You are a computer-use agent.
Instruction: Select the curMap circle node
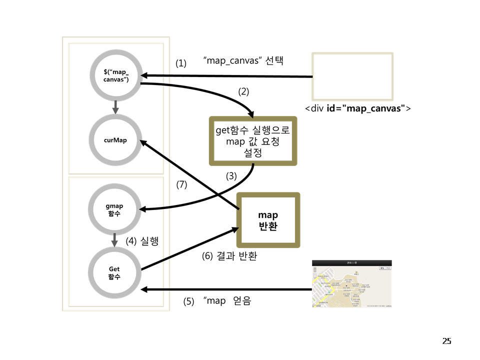[115, 140]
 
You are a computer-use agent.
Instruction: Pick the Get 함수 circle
[114, 272]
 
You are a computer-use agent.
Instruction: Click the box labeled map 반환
[268, 220]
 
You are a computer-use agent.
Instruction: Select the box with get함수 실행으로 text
[252, 141]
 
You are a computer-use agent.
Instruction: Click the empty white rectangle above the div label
[352, 76]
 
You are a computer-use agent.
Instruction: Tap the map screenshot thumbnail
[352, 284]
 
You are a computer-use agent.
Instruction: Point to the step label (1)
[180, 63]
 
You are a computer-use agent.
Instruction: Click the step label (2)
[243, 91]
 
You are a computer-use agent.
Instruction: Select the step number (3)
[230, 176]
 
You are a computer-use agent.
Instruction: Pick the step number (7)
[181, 184]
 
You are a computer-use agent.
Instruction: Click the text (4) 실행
[142, 241]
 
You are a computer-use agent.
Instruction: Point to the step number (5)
[188, 301]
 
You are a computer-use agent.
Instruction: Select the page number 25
[446, 341]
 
